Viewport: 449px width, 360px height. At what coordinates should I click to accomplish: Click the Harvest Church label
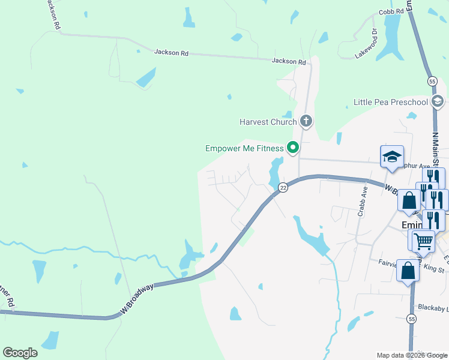click(268, 122)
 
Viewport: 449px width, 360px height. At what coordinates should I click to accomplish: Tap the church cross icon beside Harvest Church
click(306, 122)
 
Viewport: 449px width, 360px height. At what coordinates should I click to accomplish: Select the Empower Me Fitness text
click(244, 148)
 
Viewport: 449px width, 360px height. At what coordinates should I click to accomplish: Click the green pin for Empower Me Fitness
click(293, 146)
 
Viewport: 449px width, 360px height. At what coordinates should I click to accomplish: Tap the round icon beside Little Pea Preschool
click(438, 101)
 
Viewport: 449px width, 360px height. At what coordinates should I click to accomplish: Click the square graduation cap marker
click(392, 157)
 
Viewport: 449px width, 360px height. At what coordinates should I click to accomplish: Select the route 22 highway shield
click(283, 187)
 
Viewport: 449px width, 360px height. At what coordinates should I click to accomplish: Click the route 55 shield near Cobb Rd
click(432, 80)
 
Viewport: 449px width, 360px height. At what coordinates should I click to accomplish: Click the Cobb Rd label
click(391, 12)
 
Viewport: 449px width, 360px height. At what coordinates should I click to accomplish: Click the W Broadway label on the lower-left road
click(137, 298)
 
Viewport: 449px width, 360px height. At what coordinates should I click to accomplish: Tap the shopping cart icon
click(423, 242)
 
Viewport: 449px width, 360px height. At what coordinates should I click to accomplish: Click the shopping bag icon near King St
click(408, 270)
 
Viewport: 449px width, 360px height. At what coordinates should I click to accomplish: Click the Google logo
click(20, 353)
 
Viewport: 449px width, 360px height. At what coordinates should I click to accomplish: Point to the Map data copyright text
click(412, 355)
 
